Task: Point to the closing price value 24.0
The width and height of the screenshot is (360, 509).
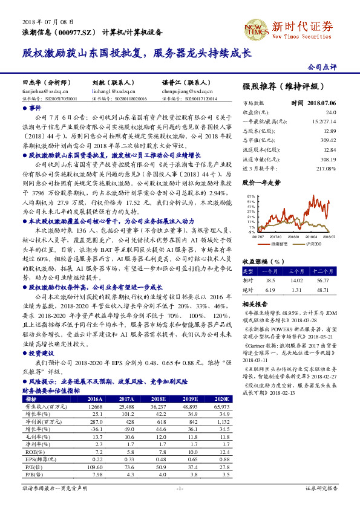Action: click(330, 112)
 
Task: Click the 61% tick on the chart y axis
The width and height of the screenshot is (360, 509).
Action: click(250, 197)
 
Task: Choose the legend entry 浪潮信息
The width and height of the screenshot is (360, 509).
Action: click(280, 244)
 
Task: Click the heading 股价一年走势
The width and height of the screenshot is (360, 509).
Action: click(261, 181)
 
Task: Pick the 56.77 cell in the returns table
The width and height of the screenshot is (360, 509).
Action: click(327, 280)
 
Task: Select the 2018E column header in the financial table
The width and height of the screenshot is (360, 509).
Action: click(159, 400)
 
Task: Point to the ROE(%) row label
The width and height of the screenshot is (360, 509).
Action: click(31, 452)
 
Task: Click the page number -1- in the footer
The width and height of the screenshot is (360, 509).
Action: click(179, 487)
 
